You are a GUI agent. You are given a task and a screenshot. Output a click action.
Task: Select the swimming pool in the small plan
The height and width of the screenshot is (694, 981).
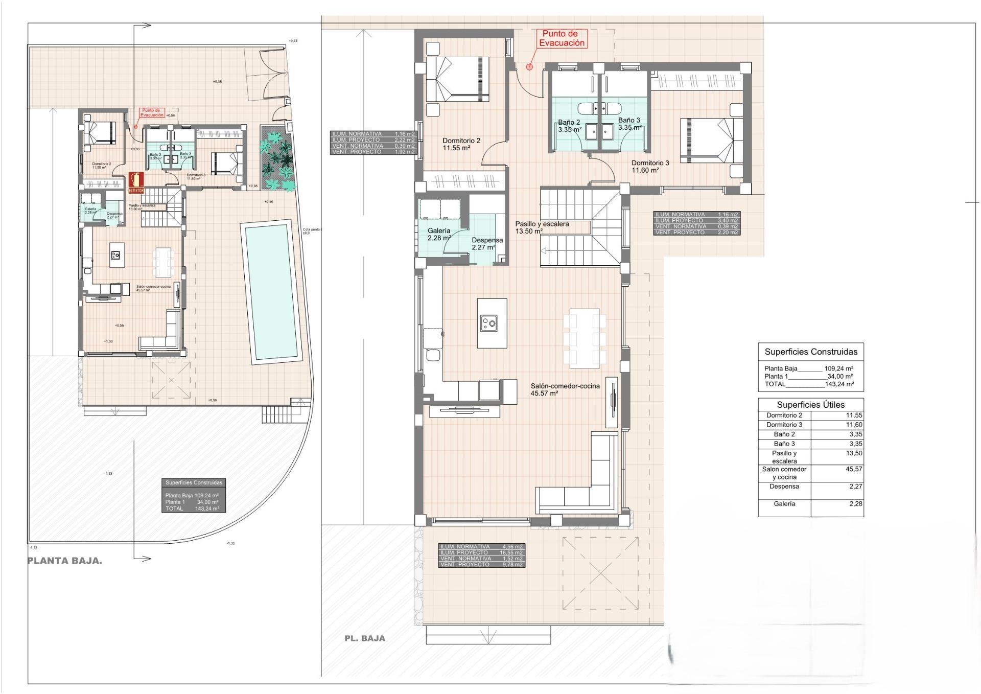pos(271,292)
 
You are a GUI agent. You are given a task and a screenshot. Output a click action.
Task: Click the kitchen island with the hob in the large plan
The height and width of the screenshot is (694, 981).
pos(492,323)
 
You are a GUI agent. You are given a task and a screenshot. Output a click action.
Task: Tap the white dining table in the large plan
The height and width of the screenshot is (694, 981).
pos(584,337)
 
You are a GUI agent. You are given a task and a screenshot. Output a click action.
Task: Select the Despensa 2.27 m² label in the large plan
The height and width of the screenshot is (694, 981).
pos(486,244)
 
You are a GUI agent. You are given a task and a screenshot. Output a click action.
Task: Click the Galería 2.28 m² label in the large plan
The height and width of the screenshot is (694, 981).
pos(439,234)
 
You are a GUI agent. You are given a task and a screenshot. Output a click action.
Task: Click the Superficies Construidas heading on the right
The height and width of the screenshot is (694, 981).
pos(810,352)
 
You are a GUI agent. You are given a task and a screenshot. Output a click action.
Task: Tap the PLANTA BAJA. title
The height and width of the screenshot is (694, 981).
pos(64,561)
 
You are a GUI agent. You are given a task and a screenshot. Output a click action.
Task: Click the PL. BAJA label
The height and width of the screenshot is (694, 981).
pos(364,638)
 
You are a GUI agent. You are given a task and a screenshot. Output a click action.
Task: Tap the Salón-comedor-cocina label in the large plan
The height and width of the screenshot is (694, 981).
pos(565,386)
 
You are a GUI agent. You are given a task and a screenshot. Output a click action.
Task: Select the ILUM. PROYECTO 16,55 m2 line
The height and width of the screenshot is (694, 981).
pos(481,553)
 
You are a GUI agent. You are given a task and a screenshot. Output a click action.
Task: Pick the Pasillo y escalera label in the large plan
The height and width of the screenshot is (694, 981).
pos(542,224)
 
